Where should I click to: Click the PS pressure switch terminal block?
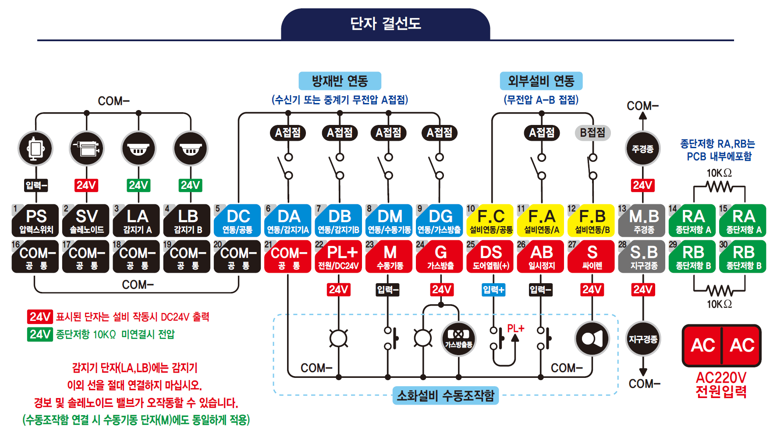[x=35, y=221]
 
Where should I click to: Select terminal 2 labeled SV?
[x=86, y=221]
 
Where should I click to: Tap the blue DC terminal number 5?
[x=238, y=221]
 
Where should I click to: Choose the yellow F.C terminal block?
[x=490, y=221]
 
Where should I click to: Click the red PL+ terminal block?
[x=339, y=256]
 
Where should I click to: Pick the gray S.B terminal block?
[x=643, y=256]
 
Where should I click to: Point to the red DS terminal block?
[x=490, y=256]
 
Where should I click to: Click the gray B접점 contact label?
[x=593, y=132]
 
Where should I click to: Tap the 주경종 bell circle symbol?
[x=642, y=149]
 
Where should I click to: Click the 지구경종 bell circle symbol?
[x=643, y=339]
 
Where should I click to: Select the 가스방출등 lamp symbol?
[x=458, y=338]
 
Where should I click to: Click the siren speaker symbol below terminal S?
[x=592, y=338]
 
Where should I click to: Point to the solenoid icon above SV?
[x=87, y=149]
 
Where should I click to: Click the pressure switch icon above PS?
[x=35, y=149]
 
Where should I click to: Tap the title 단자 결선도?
[x=385, y=24]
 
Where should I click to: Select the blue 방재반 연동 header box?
[x=340, y=81]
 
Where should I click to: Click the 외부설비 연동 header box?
[x=541, y=81]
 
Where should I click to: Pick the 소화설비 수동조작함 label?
[x=445, y=395]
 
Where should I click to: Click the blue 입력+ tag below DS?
[x=493, y=290]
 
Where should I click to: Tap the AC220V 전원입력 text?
[x=721, y=384]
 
